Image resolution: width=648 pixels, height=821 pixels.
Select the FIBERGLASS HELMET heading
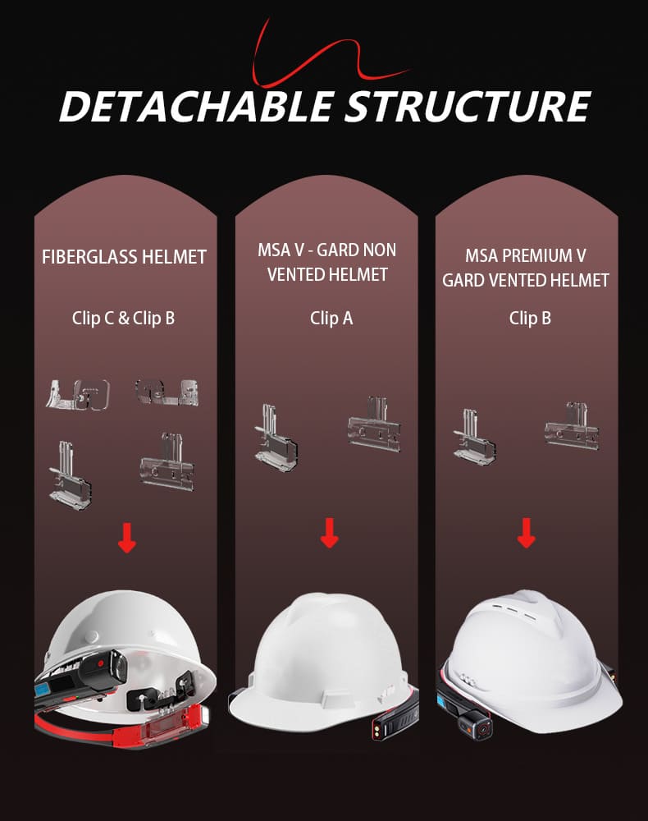[124, 257]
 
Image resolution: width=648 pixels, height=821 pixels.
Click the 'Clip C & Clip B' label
[124, 318]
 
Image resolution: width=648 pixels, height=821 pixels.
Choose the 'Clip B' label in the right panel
[530, 318]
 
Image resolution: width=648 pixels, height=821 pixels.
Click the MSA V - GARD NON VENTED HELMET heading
[327, 262]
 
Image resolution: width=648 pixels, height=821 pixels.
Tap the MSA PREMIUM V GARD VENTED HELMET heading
[526, 268]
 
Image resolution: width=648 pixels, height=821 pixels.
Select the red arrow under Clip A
[329, 534]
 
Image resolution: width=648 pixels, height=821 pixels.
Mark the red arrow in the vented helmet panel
[527, 534]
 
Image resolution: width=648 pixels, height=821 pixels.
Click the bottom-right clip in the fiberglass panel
[167, 464]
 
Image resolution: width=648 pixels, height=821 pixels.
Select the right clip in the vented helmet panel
[571, 426]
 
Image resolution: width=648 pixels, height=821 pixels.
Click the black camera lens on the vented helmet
[475, 726]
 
